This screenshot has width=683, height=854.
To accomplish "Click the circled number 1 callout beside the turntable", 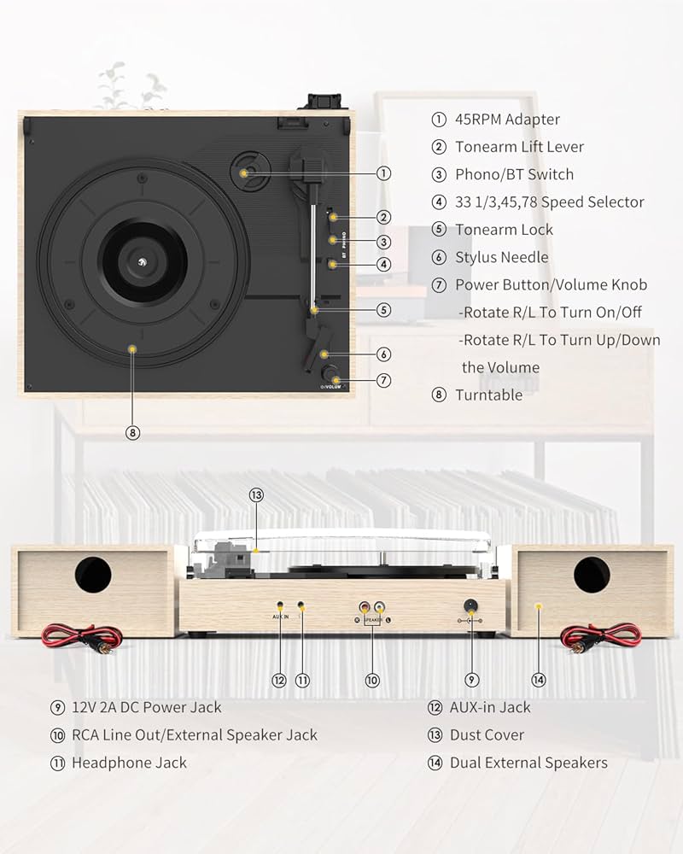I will click(x=384, y=173).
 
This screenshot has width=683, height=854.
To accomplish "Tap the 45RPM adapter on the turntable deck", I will click(x=246, y=172).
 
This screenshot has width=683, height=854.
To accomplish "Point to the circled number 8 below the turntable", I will click(x=131, y=432).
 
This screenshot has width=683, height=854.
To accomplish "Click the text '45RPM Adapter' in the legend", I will click(x=507, y=120).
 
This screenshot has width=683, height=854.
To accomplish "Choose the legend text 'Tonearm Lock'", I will click(x=504, y=230).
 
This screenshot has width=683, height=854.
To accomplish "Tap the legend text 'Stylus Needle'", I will click(x=501, y=257).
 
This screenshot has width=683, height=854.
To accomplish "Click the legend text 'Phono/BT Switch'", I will click(x=514, y=174).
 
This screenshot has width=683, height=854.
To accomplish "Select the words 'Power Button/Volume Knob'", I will click(x=551, y=284).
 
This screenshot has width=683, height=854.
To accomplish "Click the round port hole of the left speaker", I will click(x=92, y=576).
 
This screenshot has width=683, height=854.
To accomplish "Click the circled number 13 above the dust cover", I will click(x=256, y=494).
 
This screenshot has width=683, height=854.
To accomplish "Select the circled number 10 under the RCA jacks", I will click(x=371, y=680).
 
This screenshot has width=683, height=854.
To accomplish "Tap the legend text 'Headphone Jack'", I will click(x=129, y=763).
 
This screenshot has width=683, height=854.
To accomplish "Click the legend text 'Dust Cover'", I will click(x=487, y=735).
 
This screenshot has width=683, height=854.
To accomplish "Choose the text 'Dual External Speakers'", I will click(x=528, y=763).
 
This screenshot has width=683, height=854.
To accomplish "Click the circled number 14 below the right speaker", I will click(x=538, y=680).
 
